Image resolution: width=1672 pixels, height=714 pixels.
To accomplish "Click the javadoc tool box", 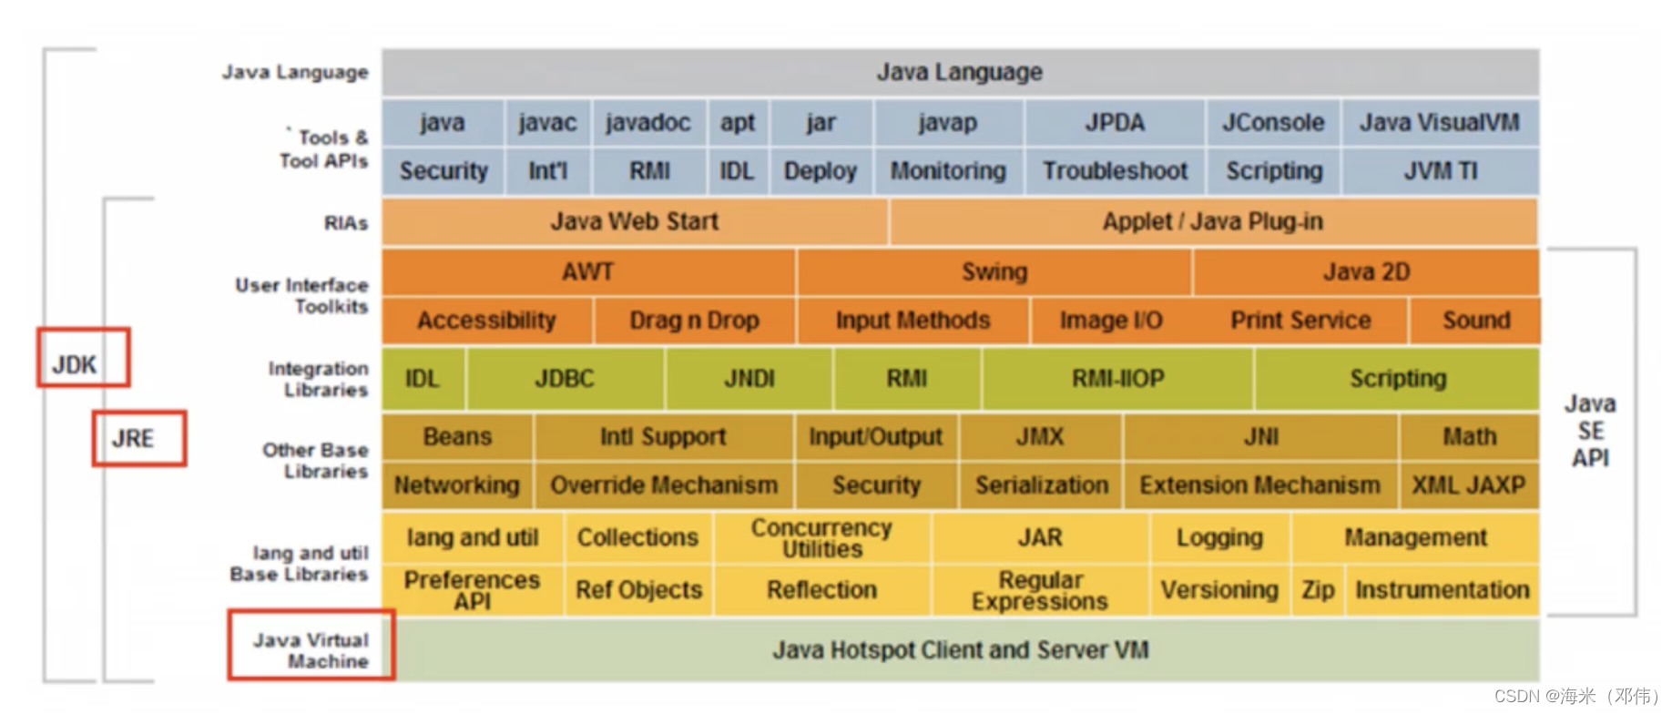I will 648,123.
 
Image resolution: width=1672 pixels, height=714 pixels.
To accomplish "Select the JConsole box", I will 1272,123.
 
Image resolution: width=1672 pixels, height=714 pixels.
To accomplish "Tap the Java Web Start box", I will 634,221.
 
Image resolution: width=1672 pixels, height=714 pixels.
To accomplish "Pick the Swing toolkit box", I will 994,271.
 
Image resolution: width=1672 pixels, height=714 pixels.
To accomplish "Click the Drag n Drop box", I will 694,321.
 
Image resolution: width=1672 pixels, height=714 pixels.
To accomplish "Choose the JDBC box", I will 564,379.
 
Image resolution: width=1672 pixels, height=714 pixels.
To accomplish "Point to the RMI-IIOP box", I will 1117,379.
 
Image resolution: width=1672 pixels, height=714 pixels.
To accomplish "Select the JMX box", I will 1039,437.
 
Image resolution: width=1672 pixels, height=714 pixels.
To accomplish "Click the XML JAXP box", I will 1468,485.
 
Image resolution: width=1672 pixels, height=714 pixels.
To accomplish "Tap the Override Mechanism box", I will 664,485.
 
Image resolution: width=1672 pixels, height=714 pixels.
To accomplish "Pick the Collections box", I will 637,537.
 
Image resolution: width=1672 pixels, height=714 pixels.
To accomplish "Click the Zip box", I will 1317,590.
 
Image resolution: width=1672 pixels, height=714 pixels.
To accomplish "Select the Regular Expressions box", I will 1039,590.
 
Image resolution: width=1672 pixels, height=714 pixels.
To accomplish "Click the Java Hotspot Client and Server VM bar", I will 960,650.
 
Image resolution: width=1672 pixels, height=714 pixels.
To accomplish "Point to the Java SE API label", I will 1590,431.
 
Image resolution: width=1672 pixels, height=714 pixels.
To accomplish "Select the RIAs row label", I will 346,223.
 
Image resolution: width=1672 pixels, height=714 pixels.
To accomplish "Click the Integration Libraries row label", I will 319,379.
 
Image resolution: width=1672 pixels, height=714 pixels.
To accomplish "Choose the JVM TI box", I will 1440,171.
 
